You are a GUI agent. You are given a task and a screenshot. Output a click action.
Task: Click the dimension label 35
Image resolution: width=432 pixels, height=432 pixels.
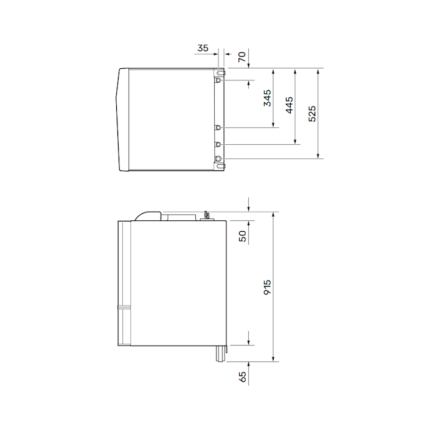(203, 48)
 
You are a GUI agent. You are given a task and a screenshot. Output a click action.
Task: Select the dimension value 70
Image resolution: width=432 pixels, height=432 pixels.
(242, 57)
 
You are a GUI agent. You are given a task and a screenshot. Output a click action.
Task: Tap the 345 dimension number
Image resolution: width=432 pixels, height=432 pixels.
(267, 98)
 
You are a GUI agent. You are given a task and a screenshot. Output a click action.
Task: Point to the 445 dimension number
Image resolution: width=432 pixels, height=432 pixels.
(289, 105)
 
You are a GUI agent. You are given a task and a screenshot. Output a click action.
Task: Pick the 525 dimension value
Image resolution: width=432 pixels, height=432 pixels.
(312, 114)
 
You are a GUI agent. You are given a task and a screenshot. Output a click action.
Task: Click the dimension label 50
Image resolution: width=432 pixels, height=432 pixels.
(242, 236)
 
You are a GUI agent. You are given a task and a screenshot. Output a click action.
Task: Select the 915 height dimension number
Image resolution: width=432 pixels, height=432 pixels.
(267, 287)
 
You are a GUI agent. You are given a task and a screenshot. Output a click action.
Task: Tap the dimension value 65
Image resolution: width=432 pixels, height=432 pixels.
(242, 377)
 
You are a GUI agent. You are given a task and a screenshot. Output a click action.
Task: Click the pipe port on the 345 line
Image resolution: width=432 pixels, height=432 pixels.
(218, 128)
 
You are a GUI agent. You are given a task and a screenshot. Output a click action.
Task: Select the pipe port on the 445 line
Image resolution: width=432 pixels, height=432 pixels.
(218, 144)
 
